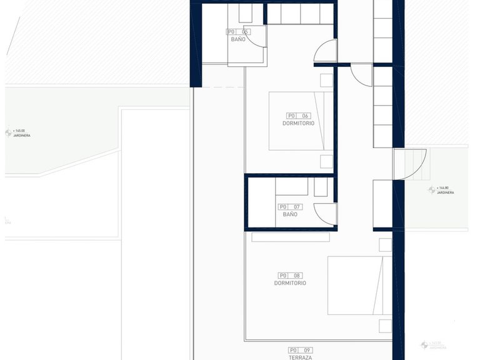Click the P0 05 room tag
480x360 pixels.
coord(238,31)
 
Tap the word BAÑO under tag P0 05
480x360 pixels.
coord(238,39)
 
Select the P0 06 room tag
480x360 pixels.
coord(298,116)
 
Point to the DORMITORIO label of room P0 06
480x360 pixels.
coord(298,124)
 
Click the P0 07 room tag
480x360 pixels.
coord(290,207)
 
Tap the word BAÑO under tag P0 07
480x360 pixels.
coord(290,214)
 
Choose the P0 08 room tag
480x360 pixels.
coord(290,275)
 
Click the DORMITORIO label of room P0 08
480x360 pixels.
coord(290,283)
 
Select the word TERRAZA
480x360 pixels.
coord(301,357)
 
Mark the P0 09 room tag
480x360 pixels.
coord(301,350)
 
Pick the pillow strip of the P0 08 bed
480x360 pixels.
coord(379,285)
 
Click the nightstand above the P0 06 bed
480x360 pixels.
coord(327,80)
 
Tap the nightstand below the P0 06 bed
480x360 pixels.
coord(327,162)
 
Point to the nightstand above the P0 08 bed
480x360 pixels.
coord(386,245)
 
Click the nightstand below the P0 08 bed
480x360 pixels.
coord(386,326)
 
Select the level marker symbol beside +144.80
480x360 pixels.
coord(431,189)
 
